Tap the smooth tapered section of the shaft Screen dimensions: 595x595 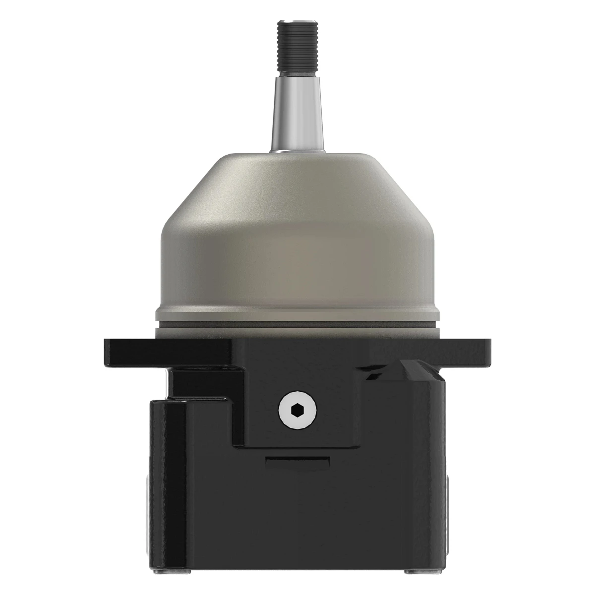click(297, 114)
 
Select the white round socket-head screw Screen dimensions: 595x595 click(297, 410)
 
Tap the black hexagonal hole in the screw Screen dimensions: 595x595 click(297, 410)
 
